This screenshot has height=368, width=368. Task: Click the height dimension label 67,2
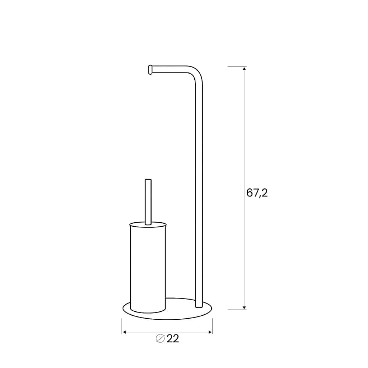[257, 193]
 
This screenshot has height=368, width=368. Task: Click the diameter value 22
[173, 339]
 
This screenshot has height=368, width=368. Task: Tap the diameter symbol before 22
[160, 339]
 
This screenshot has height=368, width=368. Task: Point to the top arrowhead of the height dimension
[244, 68]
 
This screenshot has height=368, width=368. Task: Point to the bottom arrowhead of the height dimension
[244, 308]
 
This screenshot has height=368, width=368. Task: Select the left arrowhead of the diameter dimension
[125, 332]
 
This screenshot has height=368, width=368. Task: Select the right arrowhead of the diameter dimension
[210, 332]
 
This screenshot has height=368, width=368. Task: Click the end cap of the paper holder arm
[150, 70]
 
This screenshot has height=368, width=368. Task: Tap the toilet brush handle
[148, 202]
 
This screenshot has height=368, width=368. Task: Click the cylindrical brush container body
[148, 269]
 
